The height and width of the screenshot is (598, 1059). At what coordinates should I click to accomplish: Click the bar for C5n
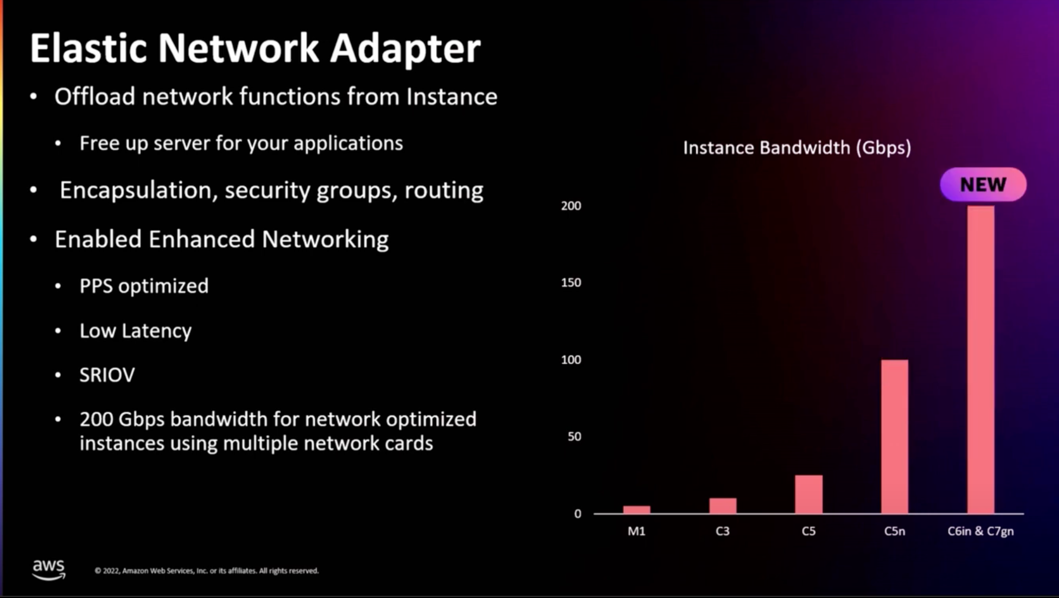(894, 436)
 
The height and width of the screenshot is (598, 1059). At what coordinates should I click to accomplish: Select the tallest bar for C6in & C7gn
(981, 360)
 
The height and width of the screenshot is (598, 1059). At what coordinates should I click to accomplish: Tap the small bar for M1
(636, 509)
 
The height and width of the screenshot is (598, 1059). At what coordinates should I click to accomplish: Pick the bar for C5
(809, 494)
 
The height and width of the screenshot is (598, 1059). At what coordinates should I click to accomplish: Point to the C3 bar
(723, 505)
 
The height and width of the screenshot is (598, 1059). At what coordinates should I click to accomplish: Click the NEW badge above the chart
(983, 184)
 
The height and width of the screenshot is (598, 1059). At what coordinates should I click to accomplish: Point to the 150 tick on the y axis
(571, 282)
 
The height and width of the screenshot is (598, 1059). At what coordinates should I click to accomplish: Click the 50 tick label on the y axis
(574, 436)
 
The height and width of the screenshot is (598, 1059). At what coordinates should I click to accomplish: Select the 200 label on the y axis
(571, 206)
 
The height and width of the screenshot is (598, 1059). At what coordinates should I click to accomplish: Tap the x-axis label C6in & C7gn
(981, 531)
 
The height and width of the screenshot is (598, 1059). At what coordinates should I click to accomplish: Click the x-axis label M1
(636, 531)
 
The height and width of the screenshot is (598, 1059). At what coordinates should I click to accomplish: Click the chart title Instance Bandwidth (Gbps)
(796, 147)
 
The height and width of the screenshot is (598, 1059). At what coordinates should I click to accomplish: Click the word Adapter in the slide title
(405, 49)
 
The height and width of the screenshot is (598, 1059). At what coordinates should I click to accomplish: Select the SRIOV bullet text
(108, 375)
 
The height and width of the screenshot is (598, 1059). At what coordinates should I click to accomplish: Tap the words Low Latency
(135, 331)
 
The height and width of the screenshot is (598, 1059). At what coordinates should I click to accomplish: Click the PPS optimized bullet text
(144, 286)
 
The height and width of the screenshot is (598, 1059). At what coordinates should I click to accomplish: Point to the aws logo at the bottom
(49, 569)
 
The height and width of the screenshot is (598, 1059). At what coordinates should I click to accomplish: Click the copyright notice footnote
(206, 571)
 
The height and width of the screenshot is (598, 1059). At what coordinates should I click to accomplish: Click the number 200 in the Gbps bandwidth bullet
(96, 419)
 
